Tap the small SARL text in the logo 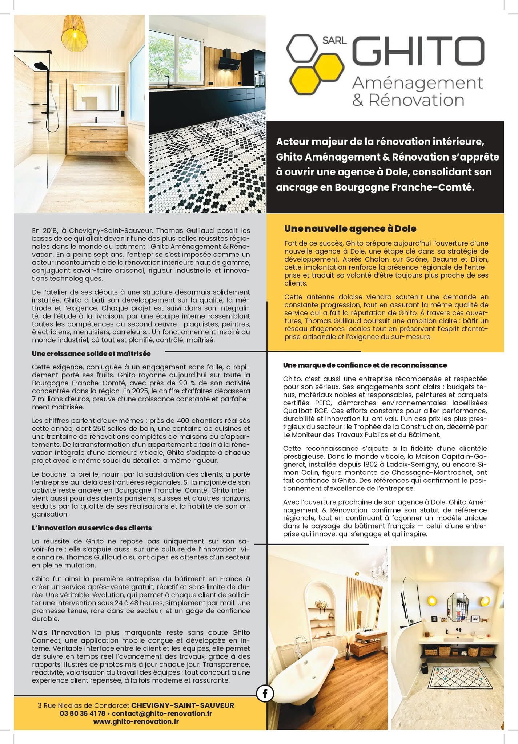[x=334, y=40]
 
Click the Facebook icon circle [x=265, y=694]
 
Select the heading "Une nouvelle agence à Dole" [x=350, y=229]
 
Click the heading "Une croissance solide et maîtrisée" [x=91, y=353]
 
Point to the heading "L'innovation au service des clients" [x=92, y=527]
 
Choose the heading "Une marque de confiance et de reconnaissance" [x=365, y=365]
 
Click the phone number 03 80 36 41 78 [x=83, y=713]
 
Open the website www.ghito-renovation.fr [x=136, y=721]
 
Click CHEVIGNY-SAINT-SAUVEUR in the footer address [x=182, y=705]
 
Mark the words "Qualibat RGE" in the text [x=304, y=411]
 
